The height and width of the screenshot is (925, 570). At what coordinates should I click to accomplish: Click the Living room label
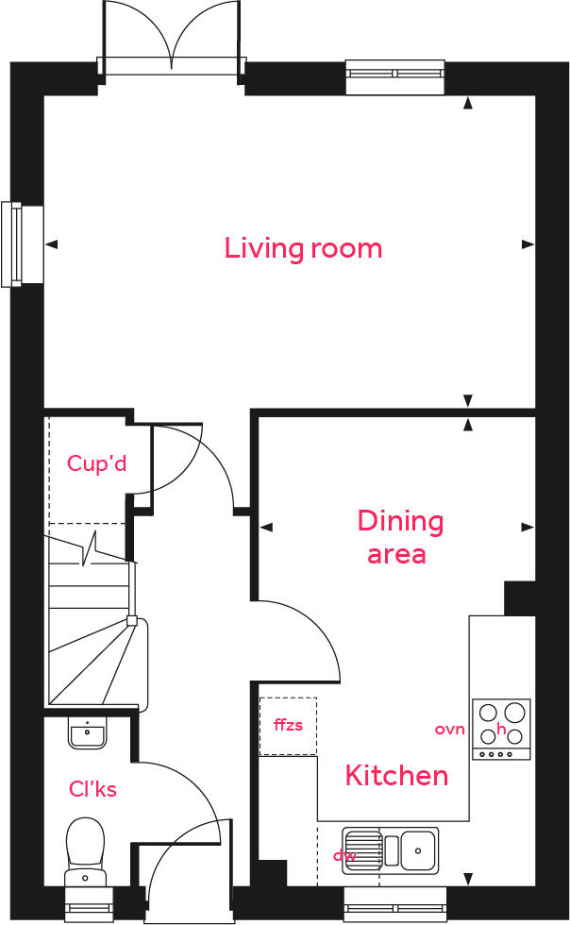[303, 248]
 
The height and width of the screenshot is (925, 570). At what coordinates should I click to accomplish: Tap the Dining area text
[399, 536]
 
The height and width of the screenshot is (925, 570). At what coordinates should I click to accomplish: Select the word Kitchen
[396, 776]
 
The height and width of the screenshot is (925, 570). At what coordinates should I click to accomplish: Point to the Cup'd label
[96, 463]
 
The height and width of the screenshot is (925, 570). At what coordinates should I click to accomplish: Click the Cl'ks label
[92, 788]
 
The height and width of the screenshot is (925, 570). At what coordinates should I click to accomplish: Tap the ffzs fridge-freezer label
[288, 726]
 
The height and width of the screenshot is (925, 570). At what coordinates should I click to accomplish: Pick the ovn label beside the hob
[450, 729]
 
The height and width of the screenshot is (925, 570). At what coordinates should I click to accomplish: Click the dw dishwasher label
[344, 855]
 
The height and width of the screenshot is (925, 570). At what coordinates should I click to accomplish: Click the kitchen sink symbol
[390, 849]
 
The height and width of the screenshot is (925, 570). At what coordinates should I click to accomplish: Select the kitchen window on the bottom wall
[394, 905]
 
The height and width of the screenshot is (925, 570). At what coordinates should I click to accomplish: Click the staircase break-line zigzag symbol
[92, 547]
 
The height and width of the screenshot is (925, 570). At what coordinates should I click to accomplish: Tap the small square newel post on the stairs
[132, 621]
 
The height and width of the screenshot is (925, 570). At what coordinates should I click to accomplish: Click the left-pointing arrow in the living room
[52, 244]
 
